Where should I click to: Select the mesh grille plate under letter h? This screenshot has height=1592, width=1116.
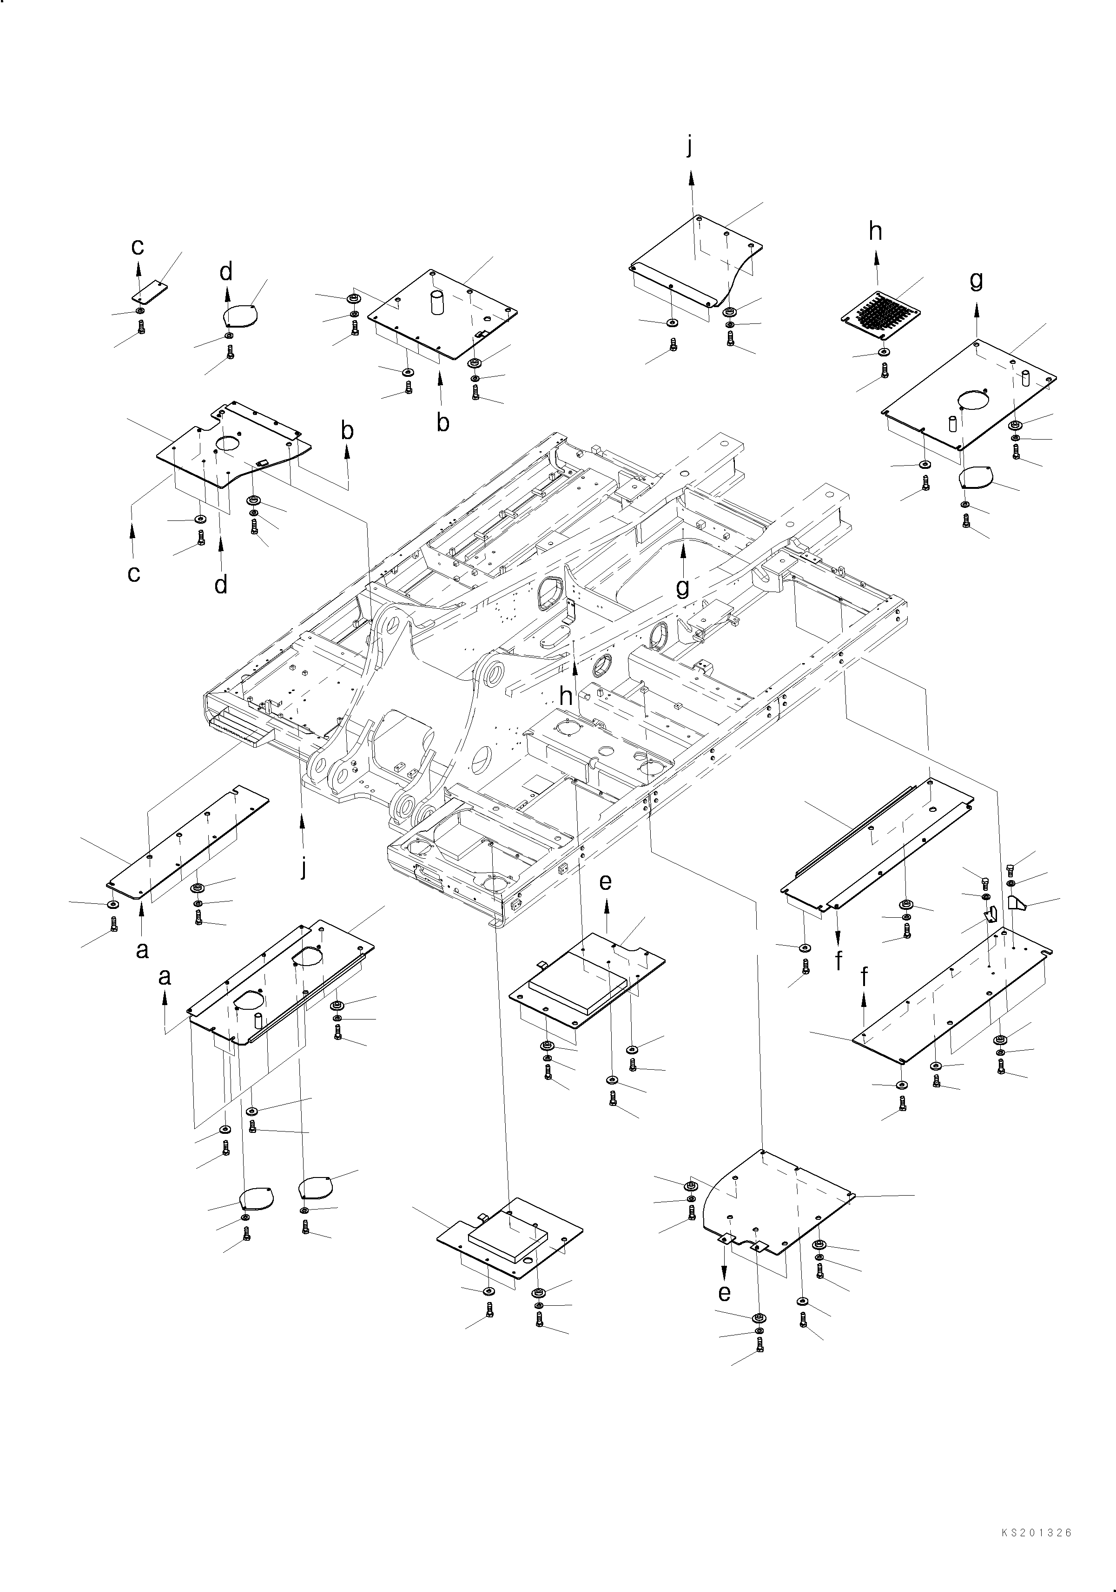[880, 319]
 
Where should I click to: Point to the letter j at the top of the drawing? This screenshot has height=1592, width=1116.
[689, 146]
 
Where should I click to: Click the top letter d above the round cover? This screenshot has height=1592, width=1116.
[226, 272]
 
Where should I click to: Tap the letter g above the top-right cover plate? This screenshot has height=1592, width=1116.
[976, 281]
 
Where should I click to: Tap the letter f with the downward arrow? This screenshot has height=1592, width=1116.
[839, 961]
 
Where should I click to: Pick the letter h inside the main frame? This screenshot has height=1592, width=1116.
[567, 696]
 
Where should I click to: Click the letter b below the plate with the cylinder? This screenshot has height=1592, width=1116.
[442, 422]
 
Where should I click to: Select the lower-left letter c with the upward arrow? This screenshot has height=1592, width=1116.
[134, 573]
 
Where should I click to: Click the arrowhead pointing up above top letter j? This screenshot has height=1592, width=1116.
[691, 179]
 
